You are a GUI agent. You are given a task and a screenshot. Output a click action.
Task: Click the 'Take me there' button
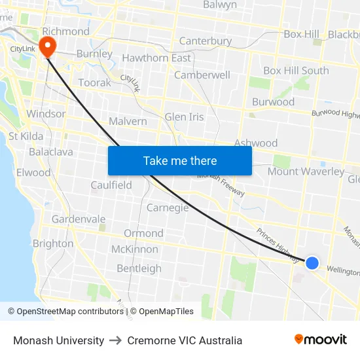180,160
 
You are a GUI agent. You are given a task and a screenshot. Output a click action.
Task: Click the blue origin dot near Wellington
312,262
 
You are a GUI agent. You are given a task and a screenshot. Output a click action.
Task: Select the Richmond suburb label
65,31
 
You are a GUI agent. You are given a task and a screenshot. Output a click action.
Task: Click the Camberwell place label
202,75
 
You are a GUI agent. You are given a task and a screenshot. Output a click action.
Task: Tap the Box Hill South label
296,71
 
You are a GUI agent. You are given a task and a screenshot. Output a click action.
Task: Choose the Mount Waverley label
306,171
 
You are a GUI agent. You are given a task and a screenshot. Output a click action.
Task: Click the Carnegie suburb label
168,207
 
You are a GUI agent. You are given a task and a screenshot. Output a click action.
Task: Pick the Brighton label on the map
53,243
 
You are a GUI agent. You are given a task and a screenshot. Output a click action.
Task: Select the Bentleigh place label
139,268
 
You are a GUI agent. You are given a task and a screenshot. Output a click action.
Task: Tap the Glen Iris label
184,117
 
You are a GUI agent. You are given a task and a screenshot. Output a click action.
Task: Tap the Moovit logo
320,340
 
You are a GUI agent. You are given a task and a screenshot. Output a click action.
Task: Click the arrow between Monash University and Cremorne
116,340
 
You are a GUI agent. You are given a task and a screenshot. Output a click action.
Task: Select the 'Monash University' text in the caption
59,340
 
